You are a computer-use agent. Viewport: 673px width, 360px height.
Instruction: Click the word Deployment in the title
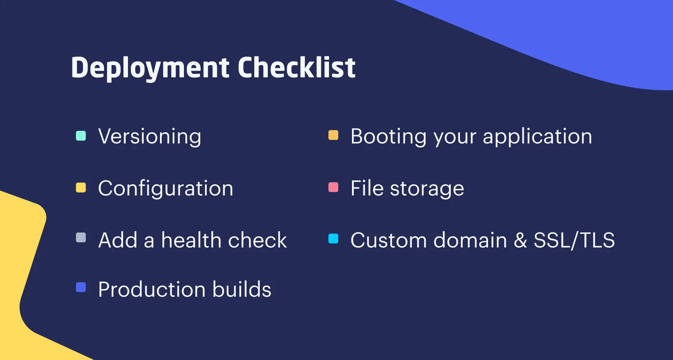(x=150, y=68)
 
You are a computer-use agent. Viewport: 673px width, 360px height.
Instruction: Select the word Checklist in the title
(x=296, y=68)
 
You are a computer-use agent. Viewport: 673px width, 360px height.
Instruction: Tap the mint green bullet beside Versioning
(x=81, y=136)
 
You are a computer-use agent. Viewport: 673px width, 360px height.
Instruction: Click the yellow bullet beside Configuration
(x=81, y=188)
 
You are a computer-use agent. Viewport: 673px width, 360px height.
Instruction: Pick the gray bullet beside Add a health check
(x=81, y=238)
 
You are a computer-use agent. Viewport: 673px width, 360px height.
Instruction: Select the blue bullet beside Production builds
(x=81, y=287)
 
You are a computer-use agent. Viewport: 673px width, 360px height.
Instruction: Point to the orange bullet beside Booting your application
(x=333, y=135)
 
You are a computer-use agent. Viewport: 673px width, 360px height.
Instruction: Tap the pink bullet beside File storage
(x=333, y=187)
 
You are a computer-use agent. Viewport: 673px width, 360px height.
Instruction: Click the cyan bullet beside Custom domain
(x=333, y=239)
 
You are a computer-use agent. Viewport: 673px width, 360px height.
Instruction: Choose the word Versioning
(x=150, y=136)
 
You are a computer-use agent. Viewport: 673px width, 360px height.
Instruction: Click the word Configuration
(x=166, y=188)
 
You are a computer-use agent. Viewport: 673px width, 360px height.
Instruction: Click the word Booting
(x=388, y=136)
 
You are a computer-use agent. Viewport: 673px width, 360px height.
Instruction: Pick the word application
(x=537, y=136)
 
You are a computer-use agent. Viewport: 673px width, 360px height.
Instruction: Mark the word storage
(x=427, y=188)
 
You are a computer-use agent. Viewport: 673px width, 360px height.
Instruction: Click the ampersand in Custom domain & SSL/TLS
(x=520, y=240)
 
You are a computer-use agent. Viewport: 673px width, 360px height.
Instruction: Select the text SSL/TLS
(x=574, y=240)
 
